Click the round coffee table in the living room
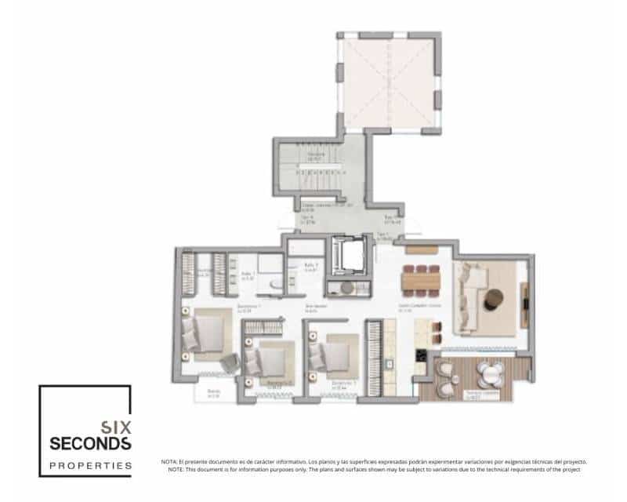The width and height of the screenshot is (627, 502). [x=495, y=298]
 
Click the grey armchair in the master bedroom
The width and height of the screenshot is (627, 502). [x=228, y=363]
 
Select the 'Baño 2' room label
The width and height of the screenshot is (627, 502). [x=310, y=267]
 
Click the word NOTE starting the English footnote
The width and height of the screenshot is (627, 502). [x=176, y=469]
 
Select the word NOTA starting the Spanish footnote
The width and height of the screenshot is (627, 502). [x=169, y=462]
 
